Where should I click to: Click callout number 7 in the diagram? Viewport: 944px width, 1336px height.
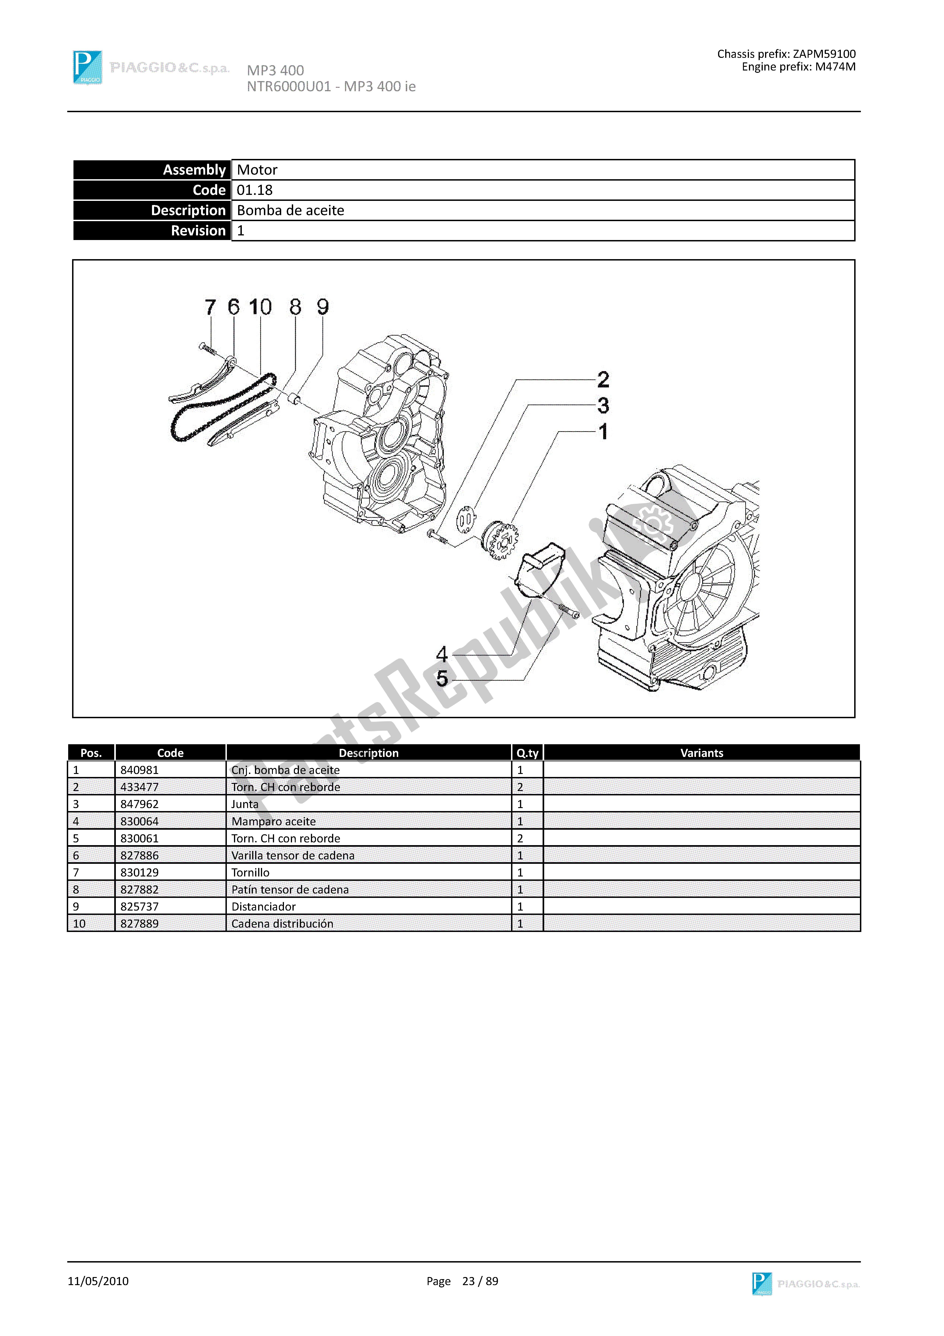(x=210, y=307)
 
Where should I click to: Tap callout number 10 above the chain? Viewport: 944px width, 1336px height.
(x=260, y=307)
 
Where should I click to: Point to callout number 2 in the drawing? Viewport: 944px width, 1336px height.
(x=603, y=380)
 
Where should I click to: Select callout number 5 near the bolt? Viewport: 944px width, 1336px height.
(x=442, y=678)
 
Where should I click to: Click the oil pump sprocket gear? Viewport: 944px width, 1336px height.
(x=500, y=540)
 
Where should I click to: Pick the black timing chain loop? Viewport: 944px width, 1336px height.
(x=221, y=407)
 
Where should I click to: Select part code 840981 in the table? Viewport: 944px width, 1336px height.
(x=140, y=770)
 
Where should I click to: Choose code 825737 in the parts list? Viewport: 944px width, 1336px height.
(x=140, y=907)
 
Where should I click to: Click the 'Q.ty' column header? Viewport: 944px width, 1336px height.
(x=527, y=753)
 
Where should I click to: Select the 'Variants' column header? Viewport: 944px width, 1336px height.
(x=701, y=753)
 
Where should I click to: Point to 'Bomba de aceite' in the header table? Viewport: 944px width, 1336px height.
(x=290, y=211)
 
